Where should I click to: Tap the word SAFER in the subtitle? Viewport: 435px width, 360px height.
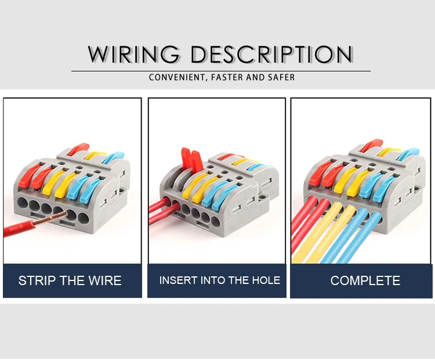[281, 77]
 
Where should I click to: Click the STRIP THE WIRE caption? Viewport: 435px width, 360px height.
[70, 281]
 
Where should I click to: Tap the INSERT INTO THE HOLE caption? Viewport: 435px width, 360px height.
[219, 280]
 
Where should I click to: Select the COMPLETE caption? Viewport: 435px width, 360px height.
[365, 281]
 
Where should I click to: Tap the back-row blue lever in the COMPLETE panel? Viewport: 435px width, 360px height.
[409, 153]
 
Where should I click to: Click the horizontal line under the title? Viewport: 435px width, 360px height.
[220, 71]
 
